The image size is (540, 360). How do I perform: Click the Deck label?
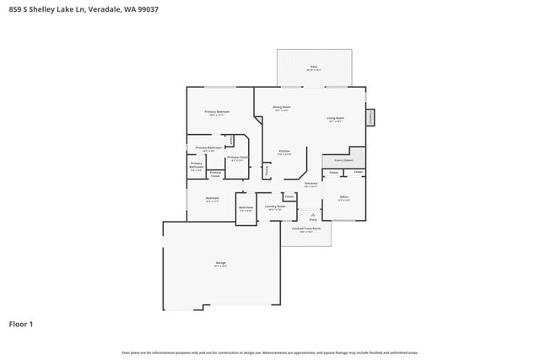pos(313,67)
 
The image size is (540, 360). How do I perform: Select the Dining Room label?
pos(281,108)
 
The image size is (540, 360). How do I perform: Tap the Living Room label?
pos(335,119)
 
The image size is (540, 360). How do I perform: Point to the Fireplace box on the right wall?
pos(370,119)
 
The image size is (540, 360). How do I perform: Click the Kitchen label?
pos(283,153)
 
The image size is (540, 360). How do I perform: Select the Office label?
pos(343,197)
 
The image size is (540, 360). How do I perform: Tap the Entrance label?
pos(310,185)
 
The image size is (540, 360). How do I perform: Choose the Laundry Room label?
pos(275,207)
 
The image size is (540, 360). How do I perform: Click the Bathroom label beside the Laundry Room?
pos(246,208)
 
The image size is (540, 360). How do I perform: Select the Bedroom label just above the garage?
pos(212,200)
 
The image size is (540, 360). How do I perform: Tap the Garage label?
pos(220,265)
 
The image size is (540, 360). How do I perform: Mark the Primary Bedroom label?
pos(217,113)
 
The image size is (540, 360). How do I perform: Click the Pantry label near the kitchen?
pos(267,169)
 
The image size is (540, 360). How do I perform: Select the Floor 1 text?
pos(21,323)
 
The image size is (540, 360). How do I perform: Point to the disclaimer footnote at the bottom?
pos(269,352)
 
